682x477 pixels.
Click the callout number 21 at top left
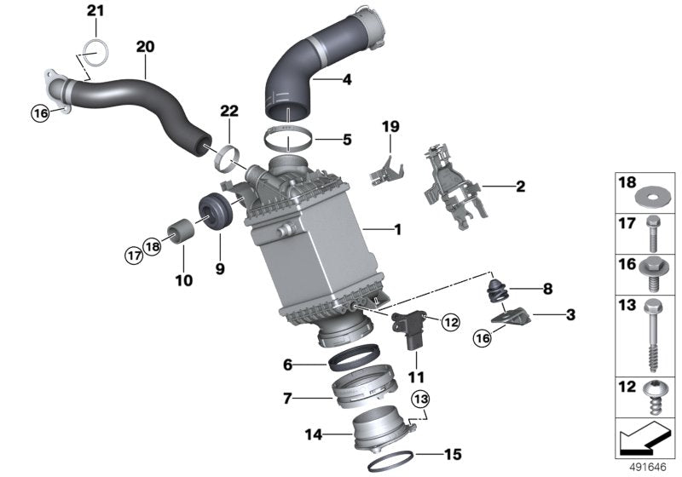tap(95, 10)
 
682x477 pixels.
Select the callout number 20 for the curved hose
tap(145, 47)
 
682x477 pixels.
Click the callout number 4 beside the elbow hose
tap(347, 79)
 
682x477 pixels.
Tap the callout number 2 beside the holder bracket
tap(520, 187)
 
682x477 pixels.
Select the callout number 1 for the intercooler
tap(397, 229)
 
